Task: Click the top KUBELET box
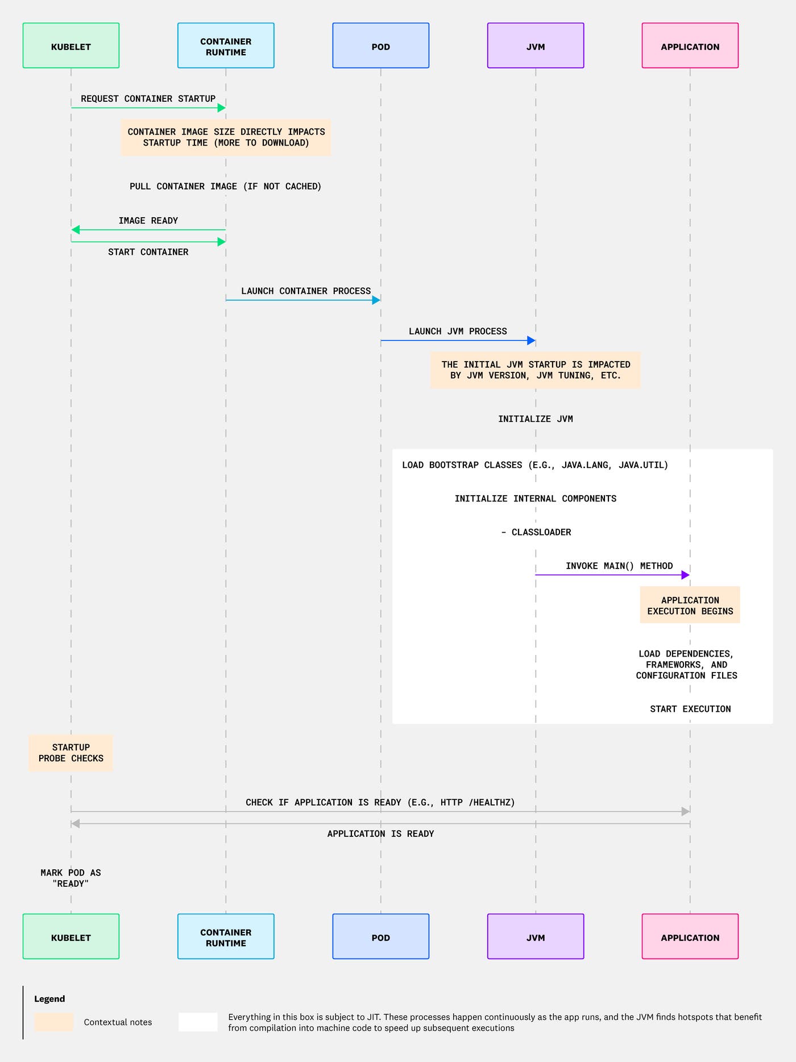pos(71,45)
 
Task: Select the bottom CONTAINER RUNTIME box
pos(226,936)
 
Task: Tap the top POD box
pos(380,45)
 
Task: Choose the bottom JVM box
pos(536,936)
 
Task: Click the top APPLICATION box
pos(690,45)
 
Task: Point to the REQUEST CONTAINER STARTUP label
pos(148,98)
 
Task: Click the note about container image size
pos(226,137)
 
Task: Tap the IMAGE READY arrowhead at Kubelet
pos(76,230)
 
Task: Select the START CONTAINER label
pos(148,252)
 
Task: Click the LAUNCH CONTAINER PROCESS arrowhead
pos(376,300)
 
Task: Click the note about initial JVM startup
pos(535,370)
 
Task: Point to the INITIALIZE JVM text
pos(535,419)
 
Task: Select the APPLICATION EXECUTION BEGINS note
pos(690,605)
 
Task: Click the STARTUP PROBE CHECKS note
pos(71,753)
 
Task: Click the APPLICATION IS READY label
pos(380,833)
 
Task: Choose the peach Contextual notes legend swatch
pos(53,1022)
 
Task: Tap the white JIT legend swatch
pos(198,1022)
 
